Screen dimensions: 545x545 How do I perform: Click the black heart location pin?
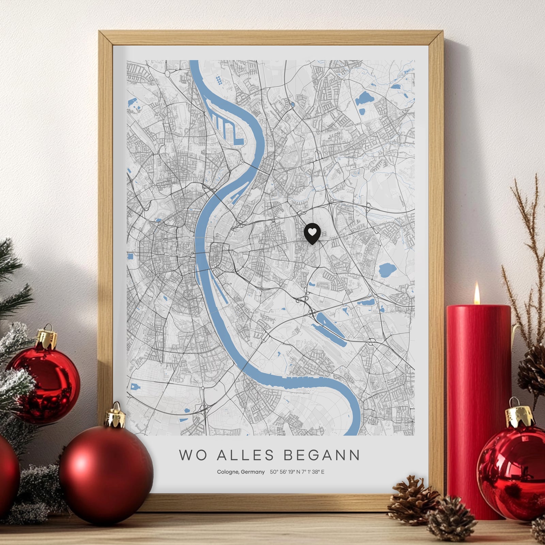coord(312,233)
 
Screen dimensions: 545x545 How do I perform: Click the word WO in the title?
coord(193,455)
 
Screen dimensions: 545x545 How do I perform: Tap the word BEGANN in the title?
coord(322,455)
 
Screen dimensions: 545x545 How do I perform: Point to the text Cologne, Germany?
coord(241,472)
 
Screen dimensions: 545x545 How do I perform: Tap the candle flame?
coord(477,294)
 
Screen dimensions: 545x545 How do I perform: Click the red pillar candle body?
coord(479,392)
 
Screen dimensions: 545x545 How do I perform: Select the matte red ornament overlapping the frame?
coord(106,473)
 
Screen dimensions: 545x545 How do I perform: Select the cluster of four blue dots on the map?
coord(219,81)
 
